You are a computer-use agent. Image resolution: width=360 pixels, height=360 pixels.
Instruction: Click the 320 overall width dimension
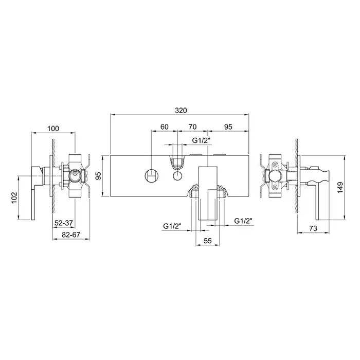181,111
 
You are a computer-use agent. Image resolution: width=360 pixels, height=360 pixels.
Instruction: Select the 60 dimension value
165,127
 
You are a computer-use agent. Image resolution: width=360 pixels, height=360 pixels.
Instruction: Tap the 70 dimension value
192,127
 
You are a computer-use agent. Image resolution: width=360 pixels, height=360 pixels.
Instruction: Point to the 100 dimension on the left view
53,129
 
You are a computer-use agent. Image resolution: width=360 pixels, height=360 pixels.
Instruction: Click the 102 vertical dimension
14,197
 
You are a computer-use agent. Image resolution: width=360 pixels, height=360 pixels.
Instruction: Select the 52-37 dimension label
64,223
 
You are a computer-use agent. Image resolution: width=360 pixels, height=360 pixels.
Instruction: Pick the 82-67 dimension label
71,235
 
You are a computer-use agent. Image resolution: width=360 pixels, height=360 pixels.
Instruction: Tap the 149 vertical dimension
340,187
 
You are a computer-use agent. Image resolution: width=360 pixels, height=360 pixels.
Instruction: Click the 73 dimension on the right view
313,228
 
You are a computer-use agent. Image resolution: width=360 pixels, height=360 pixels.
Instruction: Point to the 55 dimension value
207,241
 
